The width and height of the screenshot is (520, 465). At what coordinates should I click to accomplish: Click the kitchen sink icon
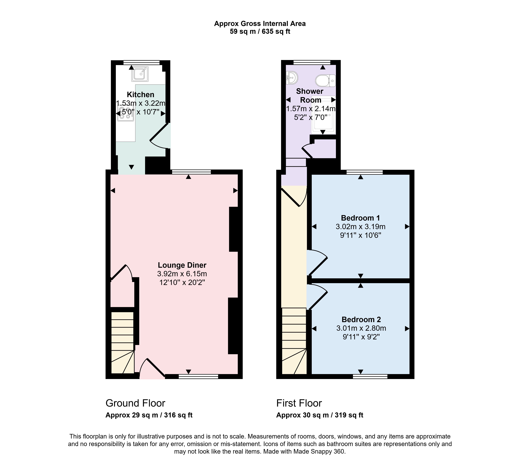(x=140, y=74)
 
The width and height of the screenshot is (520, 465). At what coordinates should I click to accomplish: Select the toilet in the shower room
(x=325, y=81)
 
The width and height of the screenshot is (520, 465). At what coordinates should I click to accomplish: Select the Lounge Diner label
(x=182, y=265)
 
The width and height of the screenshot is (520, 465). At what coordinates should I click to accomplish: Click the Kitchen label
(x=141, y=95)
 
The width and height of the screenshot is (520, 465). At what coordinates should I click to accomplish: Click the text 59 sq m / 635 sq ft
(x=260, y=31)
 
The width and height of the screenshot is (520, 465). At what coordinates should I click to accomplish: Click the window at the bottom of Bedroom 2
(x=370, y=376)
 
